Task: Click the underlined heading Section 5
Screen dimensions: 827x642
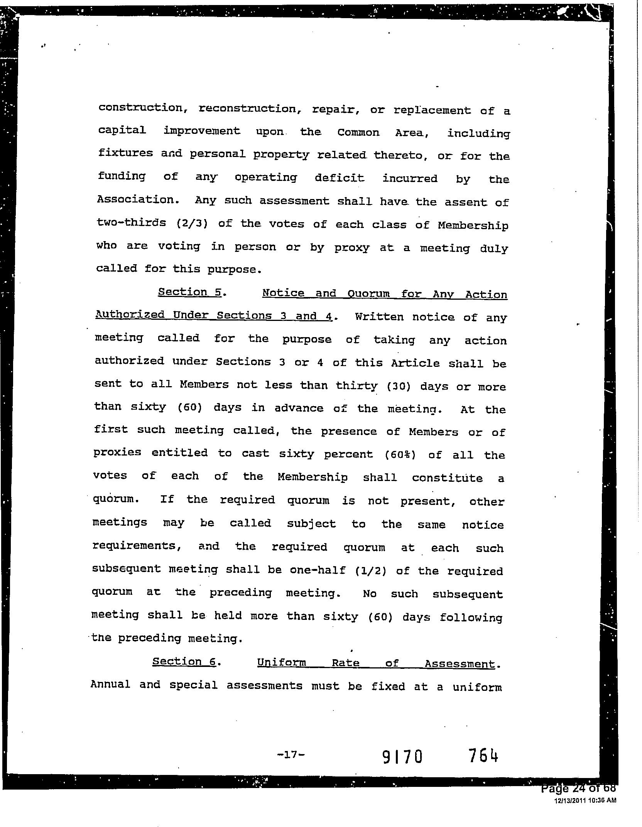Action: (189, 292)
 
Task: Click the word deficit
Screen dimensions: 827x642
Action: (339, 178)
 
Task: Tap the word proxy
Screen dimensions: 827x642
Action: (351, 248)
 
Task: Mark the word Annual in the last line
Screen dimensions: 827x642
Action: (110, 684)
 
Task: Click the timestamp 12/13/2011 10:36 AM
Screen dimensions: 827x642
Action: (585, 800)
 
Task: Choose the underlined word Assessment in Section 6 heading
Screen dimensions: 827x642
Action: (459, 664)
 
